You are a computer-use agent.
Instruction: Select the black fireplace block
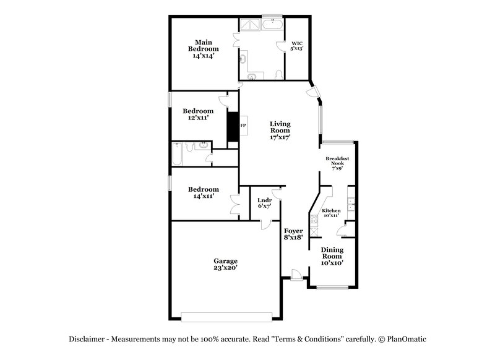pyautogui.click(x=233, y=126)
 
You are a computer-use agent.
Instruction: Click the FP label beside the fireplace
pyautogui.click(x=243, y=126)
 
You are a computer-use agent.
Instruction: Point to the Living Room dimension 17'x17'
pyautogui.click(x=280, y=137)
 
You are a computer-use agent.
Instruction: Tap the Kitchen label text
pyautogui.click(x=331, y=211)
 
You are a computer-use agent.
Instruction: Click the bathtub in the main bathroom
pyautogui.click(x=272, y=25)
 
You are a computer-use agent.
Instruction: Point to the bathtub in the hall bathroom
pyautogui.click(x=177, y=154)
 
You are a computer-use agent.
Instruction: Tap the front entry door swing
pyautogui.click(x=296, y=275)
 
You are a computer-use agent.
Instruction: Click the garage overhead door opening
pyautogui.click(x=226, y=317)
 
